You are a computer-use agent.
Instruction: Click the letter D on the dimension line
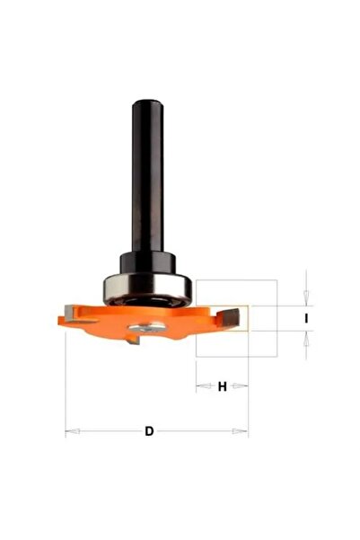[x=149, y=431]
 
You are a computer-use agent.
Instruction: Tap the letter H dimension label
[x=223, y=386]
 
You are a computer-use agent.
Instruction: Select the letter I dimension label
[x=306, y=319]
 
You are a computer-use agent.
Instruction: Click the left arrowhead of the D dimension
[x=73, y=431]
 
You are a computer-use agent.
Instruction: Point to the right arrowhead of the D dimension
[x=241, y=431]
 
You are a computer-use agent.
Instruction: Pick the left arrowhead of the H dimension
[x=204, y=386]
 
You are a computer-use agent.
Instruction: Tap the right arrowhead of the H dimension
[x=241, y=386]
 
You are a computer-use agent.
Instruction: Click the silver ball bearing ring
[x=147, y=289]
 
